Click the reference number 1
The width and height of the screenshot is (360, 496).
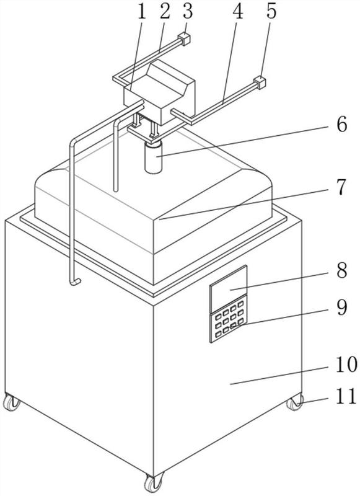(142, 12)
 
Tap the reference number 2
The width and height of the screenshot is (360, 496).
(165, 12)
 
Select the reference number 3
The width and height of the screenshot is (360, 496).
(188, 11)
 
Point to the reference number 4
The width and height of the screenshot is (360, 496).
(238, 12)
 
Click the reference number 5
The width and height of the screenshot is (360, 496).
(271, 12)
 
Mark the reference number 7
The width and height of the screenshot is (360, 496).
(341, 187)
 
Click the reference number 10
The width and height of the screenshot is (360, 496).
(346, 364)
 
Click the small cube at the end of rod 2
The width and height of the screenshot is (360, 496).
(184, 39)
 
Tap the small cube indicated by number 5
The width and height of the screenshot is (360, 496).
(260, 82)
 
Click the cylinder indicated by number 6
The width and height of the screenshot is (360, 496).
(154, 157)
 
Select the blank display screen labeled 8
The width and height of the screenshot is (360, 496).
(229, 288)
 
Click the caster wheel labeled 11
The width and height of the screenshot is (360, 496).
(295, 402)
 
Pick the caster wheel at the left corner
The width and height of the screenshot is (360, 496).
(11, 402)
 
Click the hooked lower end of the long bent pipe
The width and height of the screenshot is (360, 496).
(75, 281)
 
